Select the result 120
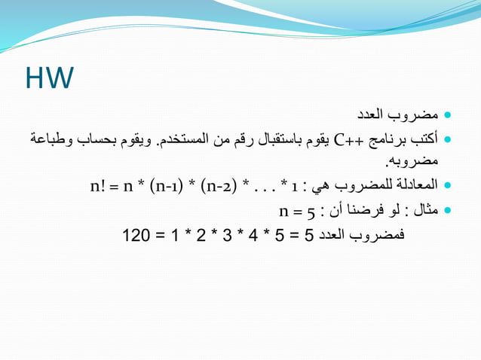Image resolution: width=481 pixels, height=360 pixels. [x=136, y=236]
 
